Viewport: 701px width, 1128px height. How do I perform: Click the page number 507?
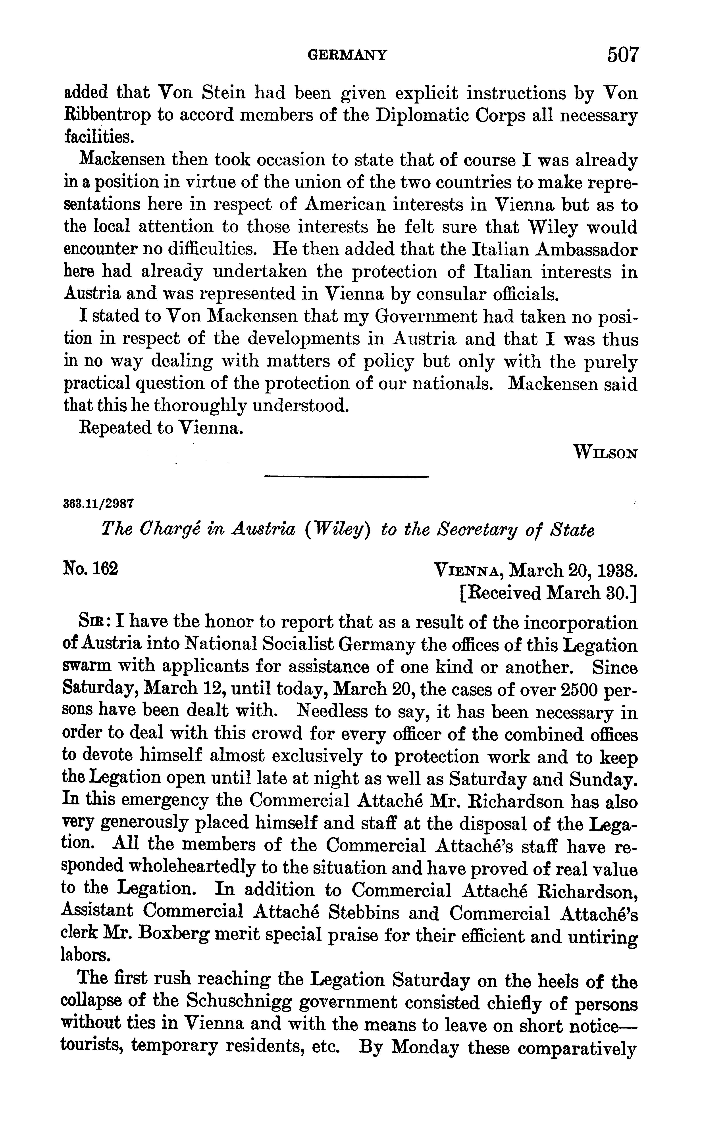[x=623, y=55]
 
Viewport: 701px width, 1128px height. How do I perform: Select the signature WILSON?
[x=605, y=452]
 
